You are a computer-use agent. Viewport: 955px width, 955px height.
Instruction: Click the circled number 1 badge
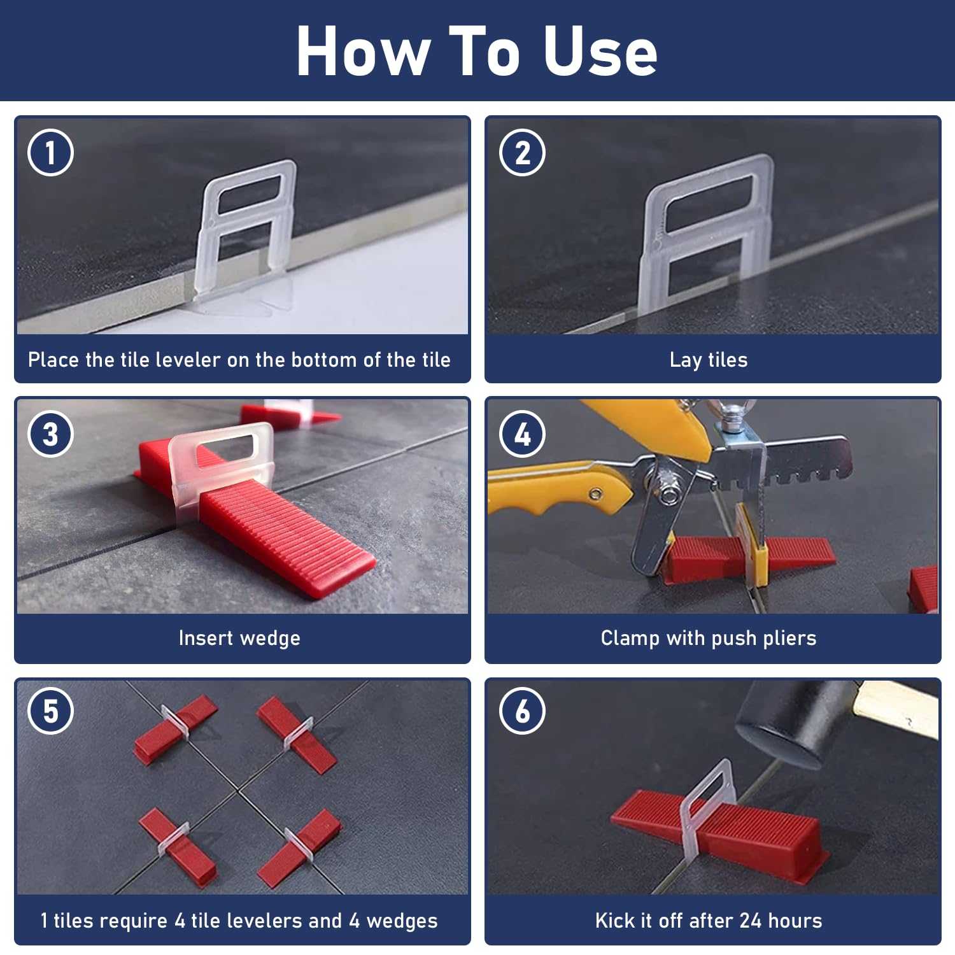51,153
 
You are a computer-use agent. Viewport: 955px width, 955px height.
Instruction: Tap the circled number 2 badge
523,153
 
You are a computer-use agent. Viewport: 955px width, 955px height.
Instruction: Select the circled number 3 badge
51,434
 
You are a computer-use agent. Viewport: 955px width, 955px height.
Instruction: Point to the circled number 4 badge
523,434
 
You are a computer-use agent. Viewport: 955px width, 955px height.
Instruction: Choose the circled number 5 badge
51,711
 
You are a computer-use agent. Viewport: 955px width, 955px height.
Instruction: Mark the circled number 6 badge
523,711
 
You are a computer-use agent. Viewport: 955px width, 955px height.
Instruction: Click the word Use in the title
600,52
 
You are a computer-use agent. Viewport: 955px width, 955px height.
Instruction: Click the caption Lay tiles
709,360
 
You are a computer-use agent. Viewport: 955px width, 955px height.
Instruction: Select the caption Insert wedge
239,639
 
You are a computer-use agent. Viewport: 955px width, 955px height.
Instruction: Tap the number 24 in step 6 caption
751,921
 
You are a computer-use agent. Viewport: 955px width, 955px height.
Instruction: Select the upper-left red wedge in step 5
176,730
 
